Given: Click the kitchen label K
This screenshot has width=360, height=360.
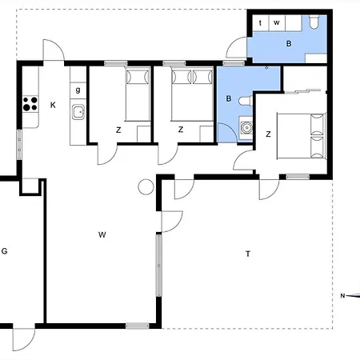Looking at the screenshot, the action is tap(53, 105).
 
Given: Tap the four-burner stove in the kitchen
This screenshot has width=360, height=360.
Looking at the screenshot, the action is tap(30, 104).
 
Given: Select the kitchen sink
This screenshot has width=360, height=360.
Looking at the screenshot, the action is tap(78, 112).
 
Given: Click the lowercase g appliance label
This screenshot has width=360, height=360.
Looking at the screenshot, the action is tap(78, 90).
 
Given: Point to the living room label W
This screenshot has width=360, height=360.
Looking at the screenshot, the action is tap(102, 234).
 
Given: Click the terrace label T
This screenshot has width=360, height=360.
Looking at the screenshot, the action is tap(248, 254).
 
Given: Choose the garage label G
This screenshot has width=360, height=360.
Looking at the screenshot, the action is tap(4, 251).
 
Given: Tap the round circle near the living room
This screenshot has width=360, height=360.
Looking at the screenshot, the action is tap(146, 186).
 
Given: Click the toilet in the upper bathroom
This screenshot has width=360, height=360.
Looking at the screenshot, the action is tap(314, 22).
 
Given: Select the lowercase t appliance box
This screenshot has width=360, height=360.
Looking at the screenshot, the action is tap(260, 23).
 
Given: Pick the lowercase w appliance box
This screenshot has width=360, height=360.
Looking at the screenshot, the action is tap(277, 23).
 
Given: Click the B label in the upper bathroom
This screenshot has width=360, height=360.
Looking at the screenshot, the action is tap(289, 43).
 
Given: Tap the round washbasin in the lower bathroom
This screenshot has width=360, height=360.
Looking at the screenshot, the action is tap(246, 127).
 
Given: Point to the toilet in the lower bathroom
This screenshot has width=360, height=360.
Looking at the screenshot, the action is tap(246, 101).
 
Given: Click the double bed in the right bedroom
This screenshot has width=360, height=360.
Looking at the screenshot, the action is tap(302, 136).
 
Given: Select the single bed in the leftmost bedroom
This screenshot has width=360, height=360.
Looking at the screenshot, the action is tap(138, 94).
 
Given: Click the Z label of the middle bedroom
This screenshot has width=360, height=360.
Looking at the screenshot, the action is tap(181, 130).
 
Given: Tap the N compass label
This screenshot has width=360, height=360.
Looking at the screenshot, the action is tap(342, 296).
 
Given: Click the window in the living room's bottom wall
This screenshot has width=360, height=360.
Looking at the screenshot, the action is tap(138, 326).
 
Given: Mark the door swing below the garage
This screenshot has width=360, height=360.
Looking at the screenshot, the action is tap(24, 339).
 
